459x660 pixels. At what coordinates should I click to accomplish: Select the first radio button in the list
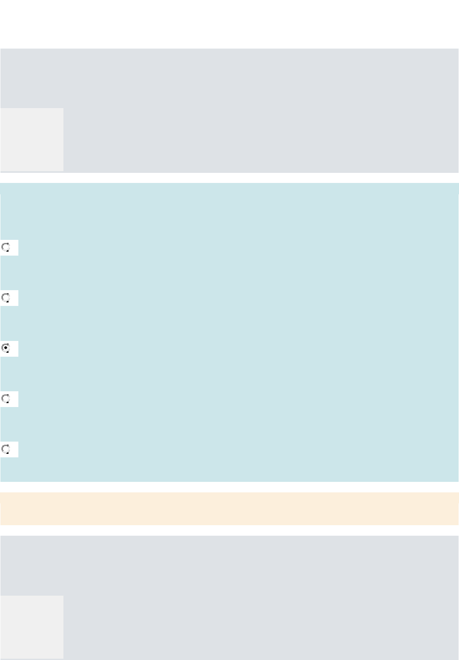click(6, 248)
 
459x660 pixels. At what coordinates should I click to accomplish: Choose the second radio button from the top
click(6, 298)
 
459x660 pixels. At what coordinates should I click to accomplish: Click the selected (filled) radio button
click(6, 349)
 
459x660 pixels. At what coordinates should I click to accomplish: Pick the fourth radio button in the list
click(6, 399)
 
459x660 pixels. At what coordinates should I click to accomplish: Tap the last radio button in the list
click(6, 449)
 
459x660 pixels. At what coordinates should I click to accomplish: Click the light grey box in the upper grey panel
click(32, 139)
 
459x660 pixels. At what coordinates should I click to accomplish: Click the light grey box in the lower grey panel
click(32, 627)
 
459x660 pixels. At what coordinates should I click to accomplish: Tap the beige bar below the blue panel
click(229, 509)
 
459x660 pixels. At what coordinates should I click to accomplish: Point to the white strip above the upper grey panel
click(229, 24)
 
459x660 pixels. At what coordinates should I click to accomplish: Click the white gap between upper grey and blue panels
click(229, 178)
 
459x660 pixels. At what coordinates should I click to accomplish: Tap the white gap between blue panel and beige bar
click(229, 487)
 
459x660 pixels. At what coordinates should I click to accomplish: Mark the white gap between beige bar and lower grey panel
click(229, 530)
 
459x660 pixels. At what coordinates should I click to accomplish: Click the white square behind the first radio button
click(14, 248)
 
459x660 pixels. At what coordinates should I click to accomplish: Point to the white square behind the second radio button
click(14, 298)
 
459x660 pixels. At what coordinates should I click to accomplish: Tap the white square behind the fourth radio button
click(14, 399)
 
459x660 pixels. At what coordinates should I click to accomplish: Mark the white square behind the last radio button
click(14, 449)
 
